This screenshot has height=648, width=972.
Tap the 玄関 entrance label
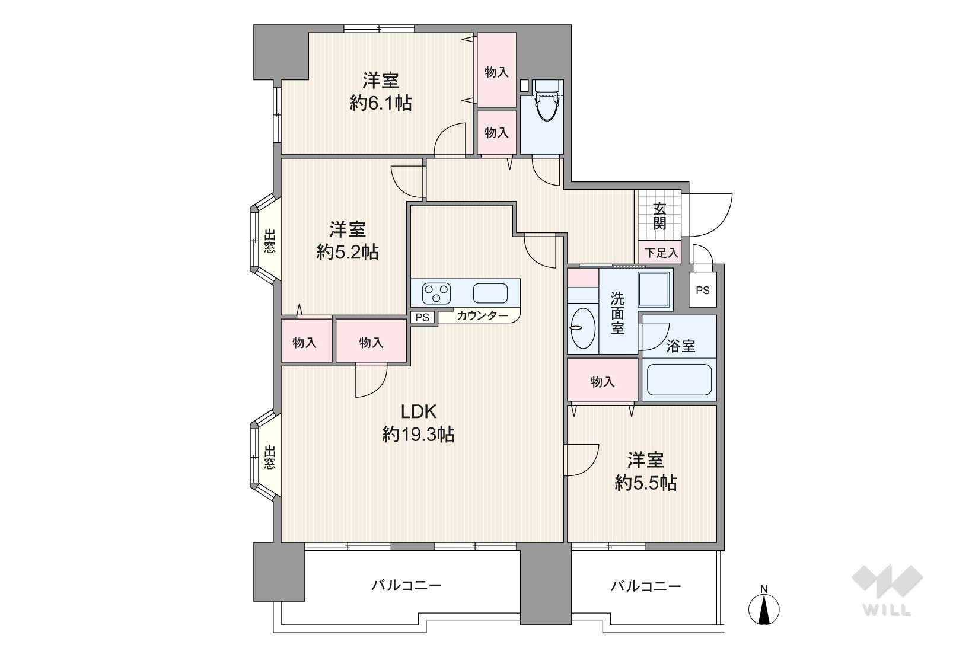[x=659, y=216]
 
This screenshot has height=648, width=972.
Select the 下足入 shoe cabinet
[x=659, y=253]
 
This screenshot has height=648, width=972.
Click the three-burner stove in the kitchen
[x=436, y=293]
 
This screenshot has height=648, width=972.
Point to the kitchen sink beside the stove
[x=490, y=293]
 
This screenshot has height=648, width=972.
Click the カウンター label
[x=482, y=315]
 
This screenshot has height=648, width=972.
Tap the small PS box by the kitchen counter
[x=422, y=317]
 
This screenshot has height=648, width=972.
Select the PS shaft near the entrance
[x=703, y=290]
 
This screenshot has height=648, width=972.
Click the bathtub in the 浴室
[x=679, y=379]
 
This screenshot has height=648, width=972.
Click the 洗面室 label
[x=617, y=312]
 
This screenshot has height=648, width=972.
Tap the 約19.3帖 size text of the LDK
[x=418, y=434]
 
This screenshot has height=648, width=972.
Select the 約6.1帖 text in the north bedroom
[x=381, y=103]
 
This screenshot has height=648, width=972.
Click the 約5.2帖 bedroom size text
[x=347, y=252]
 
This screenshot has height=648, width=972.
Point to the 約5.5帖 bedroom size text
[x=646, y=483]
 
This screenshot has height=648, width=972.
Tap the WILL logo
[x=887, y=590]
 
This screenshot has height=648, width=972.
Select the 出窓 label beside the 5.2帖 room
[x=269, y=241]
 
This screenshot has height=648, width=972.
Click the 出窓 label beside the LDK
[x=269, y=457]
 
